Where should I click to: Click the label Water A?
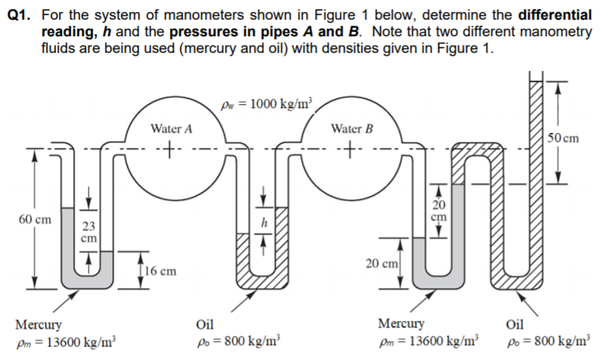171,129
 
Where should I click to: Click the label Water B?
352,128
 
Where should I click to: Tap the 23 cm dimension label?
89,231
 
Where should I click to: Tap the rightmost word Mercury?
401,325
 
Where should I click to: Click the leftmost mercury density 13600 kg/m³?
66,341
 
